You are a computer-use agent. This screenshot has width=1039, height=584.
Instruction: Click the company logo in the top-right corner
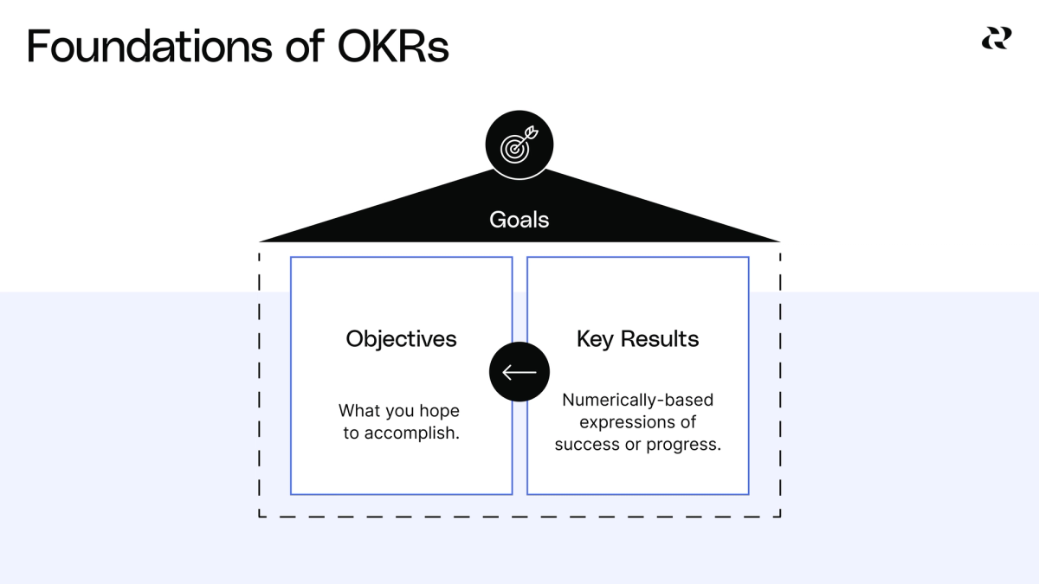pyautogui.click(x=996, y=38)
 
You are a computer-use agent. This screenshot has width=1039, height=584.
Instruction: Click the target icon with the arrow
pyautogui.click(x=519, y=146)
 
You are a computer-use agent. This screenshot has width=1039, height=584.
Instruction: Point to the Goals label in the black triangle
pyautogui.click(x=519, y=220)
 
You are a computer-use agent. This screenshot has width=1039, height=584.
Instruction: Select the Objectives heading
pyautogui.click(x=401, y=338)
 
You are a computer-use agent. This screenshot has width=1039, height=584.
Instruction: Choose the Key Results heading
pyautogui.click(x=637, y=338)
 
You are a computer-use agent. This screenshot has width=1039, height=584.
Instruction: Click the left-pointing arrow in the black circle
pyautogui.click(x=519, y=372)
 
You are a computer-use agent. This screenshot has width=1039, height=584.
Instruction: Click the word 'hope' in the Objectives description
pyautogui.click(x=441, y=410)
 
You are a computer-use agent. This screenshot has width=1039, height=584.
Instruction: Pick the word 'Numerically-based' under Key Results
pyautogui.click(x=637, y=401)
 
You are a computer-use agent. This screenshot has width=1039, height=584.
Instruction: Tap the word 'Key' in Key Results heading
pyautogui.click(x=595, y=338)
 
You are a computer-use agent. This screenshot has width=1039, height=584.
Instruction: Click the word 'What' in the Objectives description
pyautogui.click(x=358, y=410)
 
